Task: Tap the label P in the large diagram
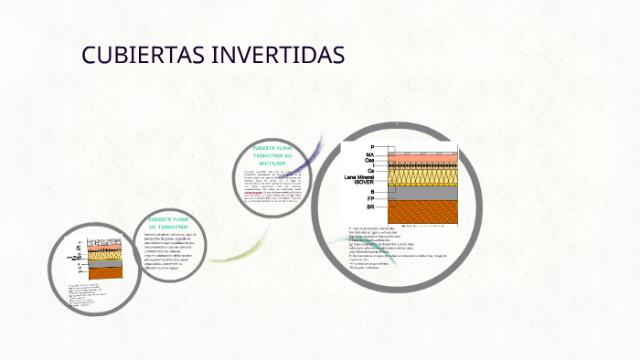[372, 147]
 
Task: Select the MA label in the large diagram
[370, 155]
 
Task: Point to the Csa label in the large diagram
[369, 162]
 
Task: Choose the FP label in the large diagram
[370, 199]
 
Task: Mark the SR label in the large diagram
[369, 207]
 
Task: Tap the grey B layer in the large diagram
[421, 193]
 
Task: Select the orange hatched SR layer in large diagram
[421, 212]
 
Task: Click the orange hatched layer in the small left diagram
[100, 272]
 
